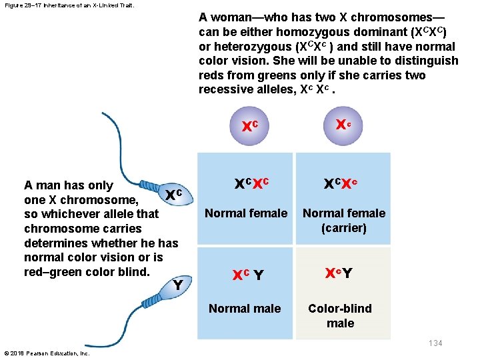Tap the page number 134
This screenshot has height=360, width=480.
(435, 343)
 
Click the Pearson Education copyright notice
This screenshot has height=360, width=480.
(47, 353)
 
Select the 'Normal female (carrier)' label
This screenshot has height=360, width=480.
(344, 221)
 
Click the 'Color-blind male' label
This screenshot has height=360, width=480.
(340, 315)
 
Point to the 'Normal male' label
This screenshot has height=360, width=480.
(245, 309)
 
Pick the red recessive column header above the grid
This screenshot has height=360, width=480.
(343, 125)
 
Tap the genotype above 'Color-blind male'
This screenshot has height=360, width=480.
(339, 273)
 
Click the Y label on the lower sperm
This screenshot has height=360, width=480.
(178, 285)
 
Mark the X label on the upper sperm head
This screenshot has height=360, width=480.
(173, 195)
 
